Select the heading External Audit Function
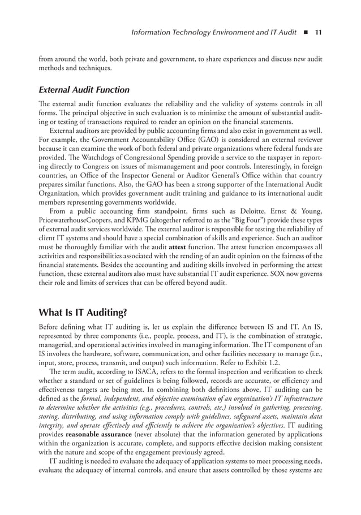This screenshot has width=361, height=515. pos(84,90)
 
